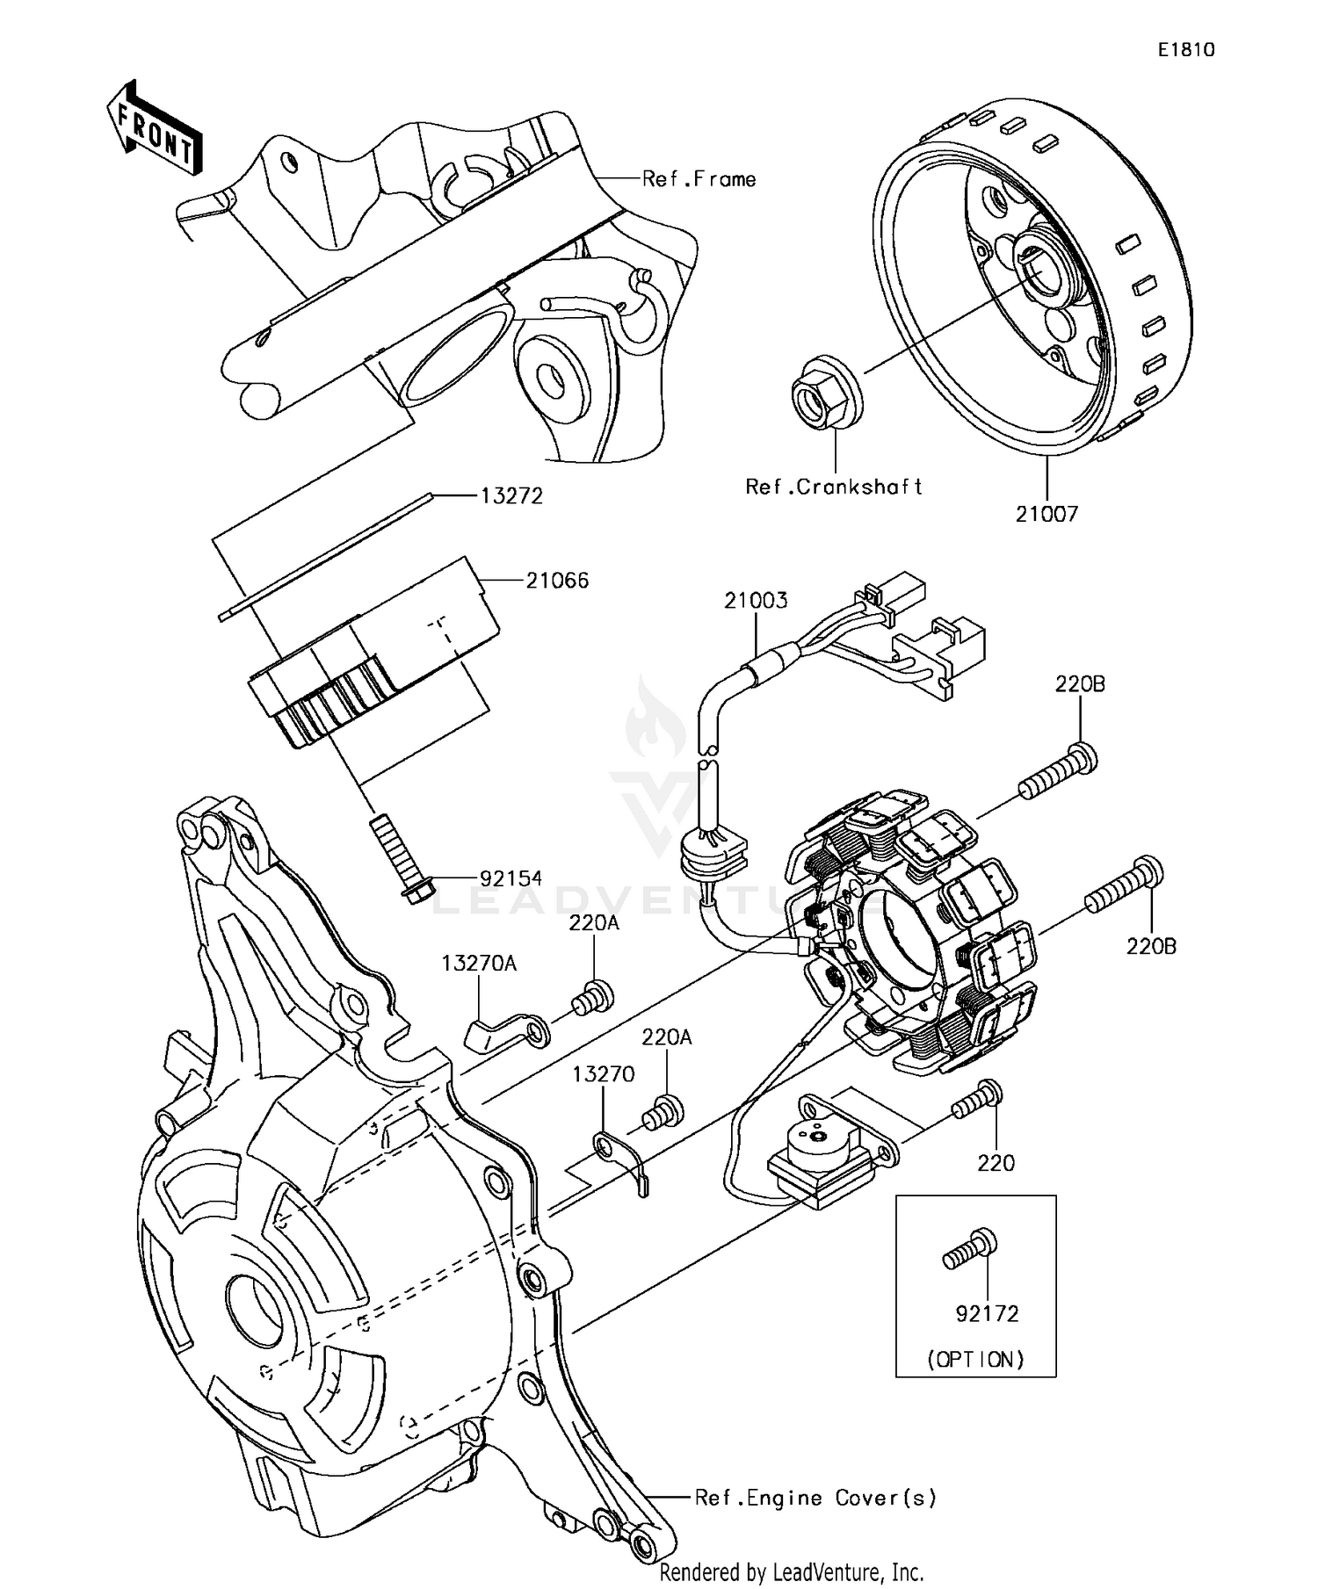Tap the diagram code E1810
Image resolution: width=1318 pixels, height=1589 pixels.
click(1185, 50)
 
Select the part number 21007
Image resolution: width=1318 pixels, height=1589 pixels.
click(1046, 514)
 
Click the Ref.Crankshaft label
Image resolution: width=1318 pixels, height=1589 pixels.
click(833, 487)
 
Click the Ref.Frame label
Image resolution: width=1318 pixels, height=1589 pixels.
click(699, 179)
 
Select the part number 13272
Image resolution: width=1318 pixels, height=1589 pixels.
click(511, 496)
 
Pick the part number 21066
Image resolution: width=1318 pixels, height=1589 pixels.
click(557, 581)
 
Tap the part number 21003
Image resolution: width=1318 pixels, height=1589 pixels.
click(756, 601)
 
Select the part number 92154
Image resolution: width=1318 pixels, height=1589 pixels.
click(511, 878)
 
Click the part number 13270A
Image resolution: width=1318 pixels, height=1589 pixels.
click(479, 964)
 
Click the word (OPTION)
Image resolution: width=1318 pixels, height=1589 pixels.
click(975, 1360)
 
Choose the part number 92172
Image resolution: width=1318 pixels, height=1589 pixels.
click(987, 1314)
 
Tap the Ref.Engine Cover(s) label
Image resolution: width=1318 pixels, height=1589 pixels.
click(815, 1498)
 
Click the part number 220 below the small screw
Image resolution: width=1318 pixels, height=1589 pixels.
click(996, 1163)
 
